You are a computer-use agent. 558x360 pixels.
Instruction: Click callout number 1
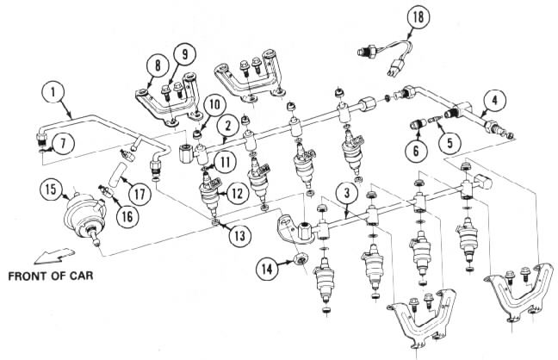point(53,90)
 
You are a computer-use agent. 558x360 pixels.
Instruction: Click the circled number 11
point(225,159)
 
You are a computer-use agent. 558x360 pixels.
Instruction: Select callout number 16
point(127,215)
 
